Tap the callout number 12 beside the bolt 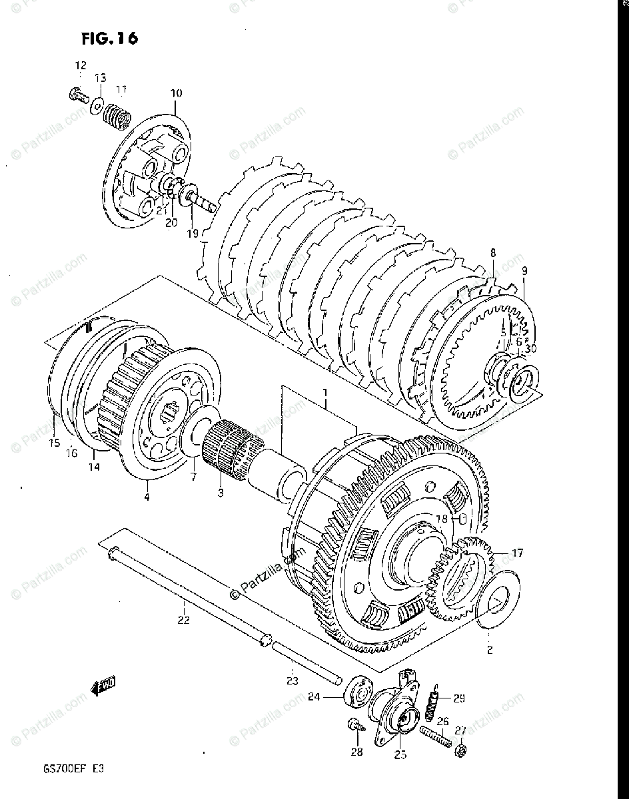80,66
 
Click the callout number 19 193,233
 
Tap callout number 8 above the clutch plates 493,253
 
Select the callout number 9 524,271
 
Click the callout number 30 530,348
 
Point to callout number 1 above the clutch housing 324,394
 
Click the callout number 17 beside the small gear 517,552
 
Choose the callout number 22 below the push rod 184,620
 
